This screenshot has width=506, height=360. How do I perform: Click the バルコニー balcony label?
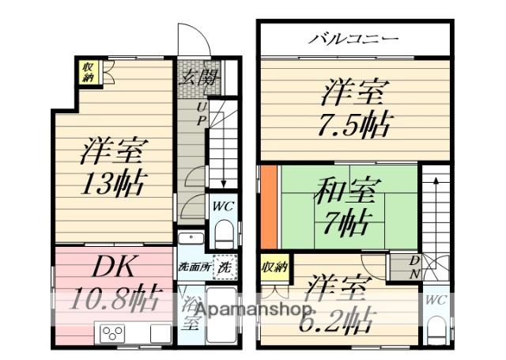pos(353,38)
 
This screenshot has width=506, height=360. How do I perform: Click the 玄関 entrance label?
pos(196,78)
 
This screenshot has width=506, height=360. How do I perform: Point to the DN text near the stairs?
pos(413,267)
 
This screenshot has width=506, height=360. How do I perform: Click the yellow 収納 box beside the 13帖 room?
pos(88,72)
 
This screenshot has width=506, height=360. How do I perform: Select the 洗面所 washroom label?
pos(193,267)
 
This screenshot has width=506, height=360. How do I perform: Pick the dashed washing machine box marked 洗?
pos(225,267)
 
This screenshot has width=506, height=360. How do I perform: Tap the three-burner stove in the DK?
pos(110,332)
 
